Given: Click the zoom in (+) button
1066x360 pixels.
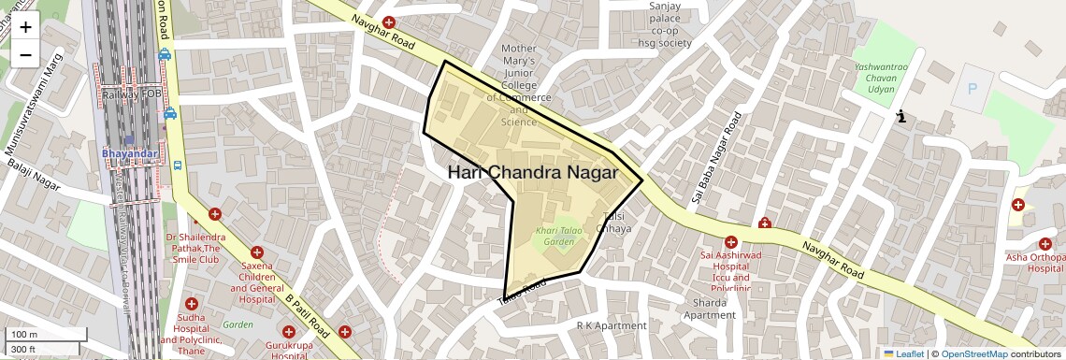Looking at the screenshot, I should (25, 26).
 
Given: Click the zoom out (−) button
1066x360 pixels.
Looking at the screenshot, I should (25, 54).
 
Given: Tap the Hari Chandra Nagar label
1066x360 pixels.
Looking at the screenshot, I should (532, 173).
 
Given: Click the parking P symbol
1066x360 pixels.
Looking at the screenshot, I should (972, 90).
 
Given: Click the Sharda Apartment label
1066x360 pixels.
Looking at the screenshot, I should (709, 309).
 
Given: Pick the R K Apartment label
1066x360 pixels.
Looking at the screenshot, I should (612, 325).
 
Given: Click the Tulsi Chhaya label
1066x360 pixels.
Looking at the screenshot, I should (613, 223).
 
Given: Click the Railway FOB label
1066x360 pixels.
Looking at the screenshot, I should (133, 94).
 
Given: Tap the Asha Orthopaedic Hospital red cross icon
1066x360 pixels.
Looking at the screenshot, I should (1018, 205).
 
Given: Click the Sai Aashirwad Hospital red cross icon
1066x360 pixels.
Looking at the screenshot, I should (731, 242).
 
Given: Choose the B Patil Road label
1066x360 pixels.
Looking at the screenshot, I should (309, 316).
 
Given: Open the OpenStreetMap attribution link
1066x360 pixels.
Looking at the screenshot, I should (973, 353).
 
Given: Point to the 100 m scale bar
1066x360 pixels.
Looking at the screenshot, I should (47, 335).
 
